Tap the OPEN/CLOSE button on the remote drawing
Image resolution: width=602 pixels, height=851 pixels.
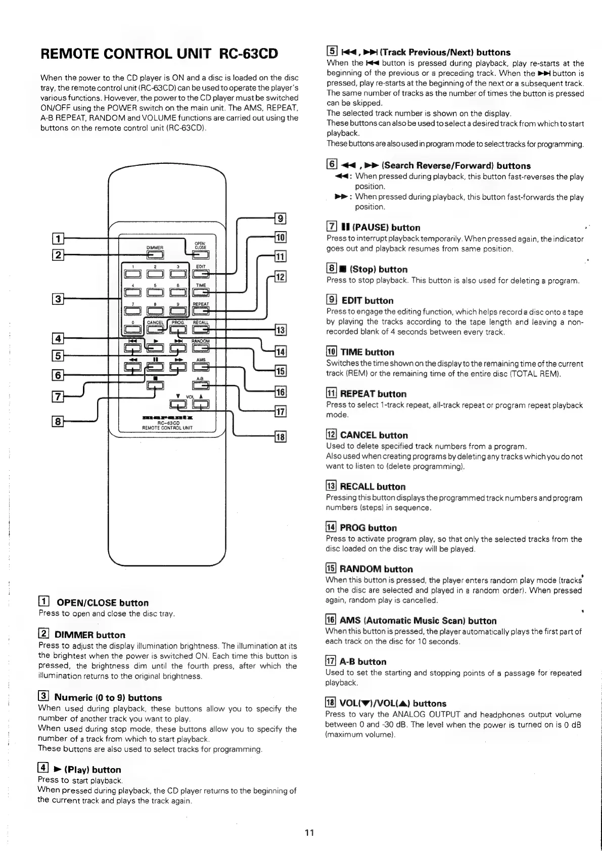click(201, 255)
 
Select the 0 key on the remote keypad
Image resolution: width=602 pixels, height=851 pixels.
click(132, 330)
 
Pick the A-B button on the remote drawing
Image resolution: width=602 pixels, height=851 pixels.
click(201, 385)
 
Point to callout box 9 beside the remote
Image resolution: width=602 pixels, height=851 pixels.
click(280, 218)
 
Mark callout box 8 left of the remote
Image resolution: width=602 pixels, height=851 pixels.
click(59, 420)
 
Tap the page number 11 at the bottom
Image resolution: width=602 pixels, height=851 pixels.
click(309, 832)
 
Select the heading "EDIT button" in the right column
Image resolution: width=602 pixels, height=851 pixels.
click(367, 300)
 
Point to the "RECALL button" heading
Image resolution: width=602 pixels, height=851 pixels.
click(373, 486)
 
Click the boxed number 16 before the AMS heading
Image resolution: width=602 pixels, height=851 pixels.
click(331, 620)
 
